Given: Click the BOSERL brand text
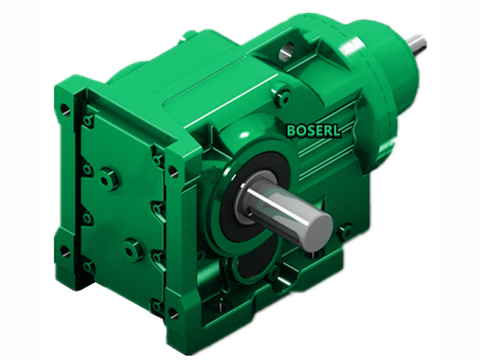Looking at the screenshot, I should click(x=313, y=130).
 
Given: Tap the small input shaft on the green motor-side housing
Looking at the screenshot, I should click(x=416, y=43).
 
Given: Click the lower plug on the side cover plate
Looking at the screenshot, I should click(x=133, y=248).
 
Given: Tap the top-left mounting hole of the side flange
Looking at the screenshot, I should click(x=65, y=110).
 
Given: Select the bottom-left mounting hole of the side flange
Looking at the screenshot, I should click(x=64, y=251).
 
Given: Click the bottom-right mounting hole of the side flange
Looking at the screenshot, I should click(x=172, y=313).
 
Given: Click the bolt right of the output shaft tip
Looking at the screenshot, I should click(x=345, y=231).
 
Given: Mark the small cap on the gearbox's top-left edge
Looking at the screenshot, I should click(x=190, y=35).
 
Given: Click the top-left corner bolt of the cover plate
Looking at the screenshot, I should click(x=88, y=122).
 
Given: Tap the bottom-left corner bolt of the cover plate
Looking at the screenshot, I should click(x=88, y=265).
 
